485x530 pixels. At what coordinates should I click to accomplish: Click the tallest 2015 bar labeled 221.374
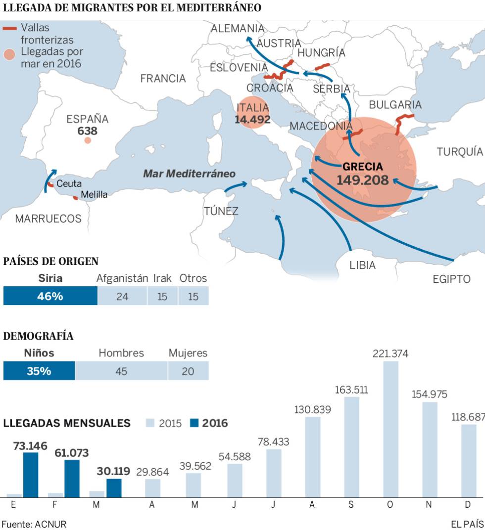pos(390,429)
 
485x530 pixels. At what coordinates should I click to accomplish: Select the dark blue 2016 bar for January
pos(31,475)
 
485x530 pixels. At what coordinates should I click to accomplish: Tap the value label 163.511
pos(351,390)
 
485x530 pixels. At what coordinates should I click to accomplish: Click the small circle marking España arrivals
pos(88,140)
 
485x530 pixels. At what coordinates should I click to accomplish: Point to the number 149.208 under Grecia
pos(363,180)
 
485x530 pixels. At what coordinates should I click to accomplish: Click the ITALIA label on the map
pos(252,108)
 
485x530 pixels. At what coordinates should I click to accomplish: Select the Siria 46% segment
pos(50,296)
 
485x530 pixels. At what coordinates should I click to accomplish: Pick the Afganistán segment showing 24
pos(122,296)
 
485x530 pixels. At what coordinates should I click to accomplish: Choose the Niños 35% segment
pos(39,371)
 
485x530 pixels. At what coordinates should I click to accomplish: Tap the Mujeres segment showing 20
pos(188,371)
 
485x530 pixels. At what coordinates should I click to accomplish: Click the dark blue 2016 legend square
pos(194,423)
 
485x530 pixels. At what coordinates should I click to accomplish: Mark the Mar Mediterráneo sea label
pos(189,174)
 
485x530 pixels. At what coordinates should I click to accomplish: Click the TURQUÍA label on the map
pos(459,152)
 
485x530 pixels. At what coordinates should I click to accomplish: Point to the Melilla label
pos(94,194)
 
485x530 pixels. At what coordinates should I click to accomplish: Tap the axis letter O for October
pos(390,504)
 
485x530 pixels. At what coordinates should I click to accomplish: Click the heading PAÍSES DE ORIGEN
pos(51,262)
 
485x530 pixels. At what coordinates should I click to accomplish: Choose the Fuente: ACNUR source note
pos(34,524)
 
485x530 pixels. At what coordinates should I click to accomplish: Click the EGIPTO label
pos(451,279)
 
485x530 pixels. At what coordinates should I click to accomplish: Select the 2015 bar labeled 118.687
pos(469,460)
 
